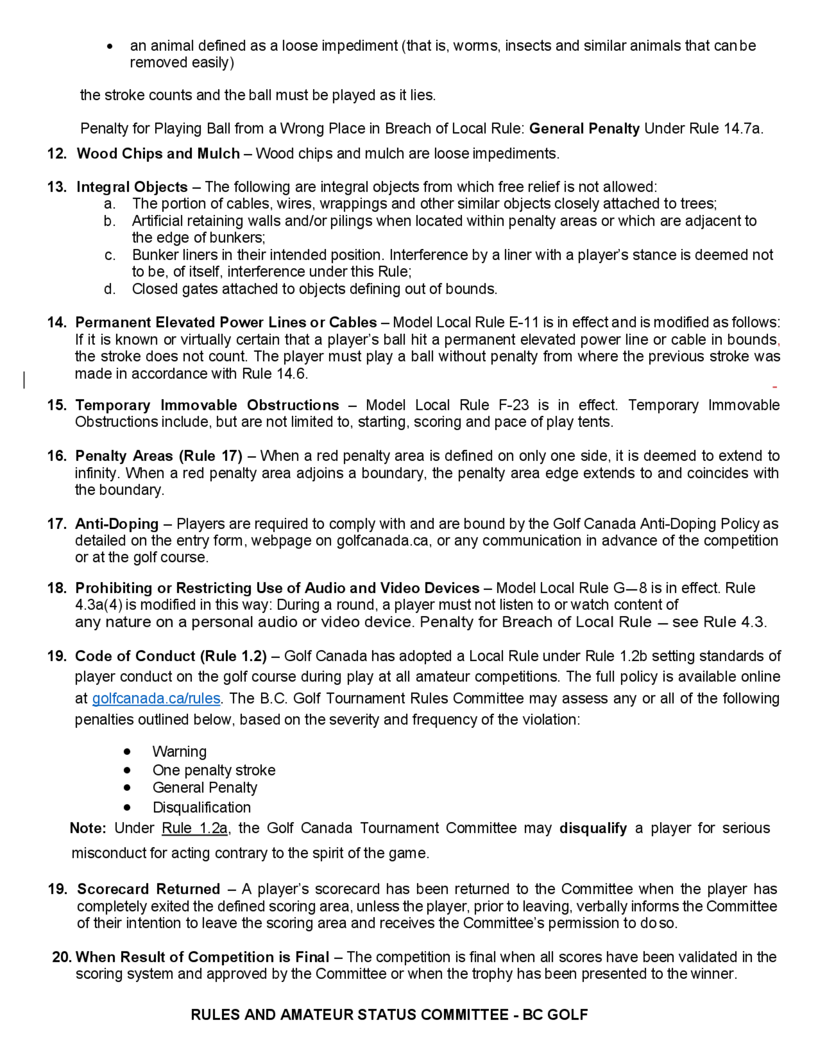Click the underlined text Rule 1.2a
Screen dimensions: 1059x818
click(x=194, y=828)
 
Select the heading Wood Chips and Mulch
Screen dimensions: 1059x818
click(x=158, y=154)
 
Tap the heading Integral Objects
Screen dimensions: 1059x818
click(x=132, y=187)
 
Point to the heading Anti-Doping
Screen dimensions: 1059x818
click(x=117, y=524)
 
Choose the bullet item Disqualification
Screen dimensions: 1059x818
click(x=202, y=807)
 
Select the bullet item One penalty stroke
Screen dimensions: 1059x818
click(x=214, y=770)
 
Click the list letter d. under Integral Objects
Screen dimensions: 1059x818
click(x=110, y=289)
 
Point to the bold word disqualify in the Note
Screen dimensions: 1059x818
click(x=593, y=828)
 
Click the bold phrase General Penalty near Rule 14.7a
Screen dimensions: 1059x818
click(x=584, y=128)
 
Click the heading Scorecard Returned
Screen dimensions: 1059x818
click(x=148, y=889)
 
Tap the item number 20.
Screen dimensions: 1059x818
click(x=61, y=957)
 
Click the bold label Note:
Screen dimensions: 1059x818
click(x=88, y=828)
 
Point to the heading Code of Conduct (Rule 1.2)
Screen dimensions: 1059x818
click(x=171, y=656)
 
